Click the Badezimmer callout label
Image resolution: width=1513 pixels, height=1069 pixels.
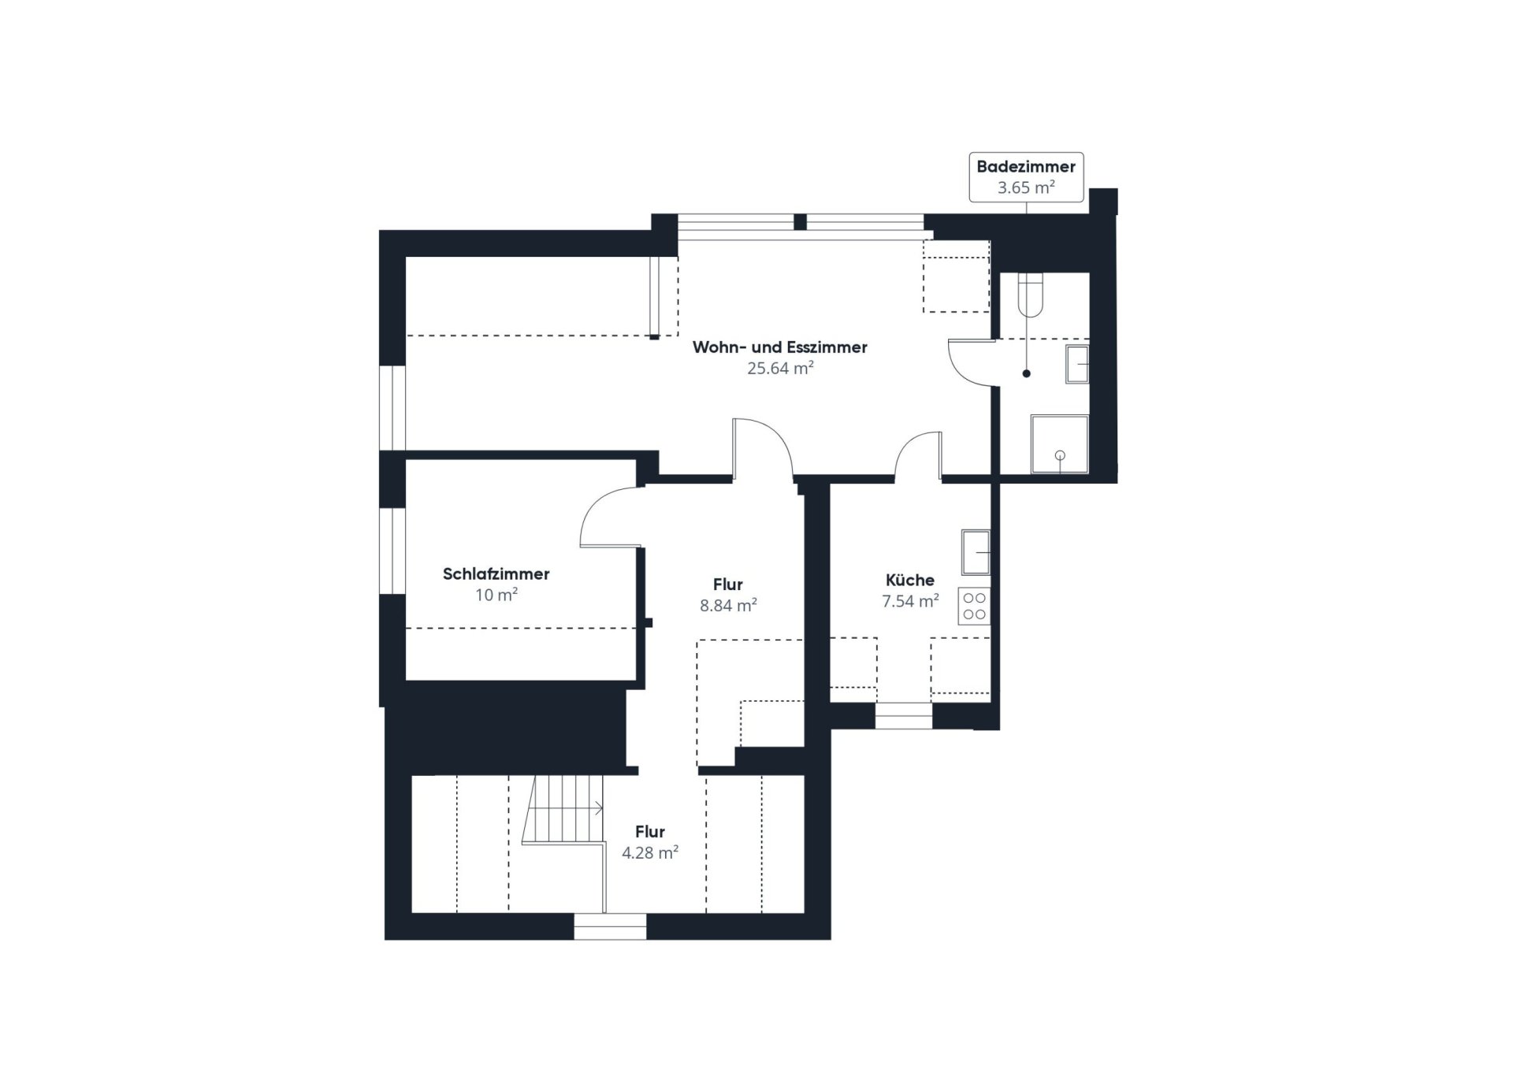coord(1026,177)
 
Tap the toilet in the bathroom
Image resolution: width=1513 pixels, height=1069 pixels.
coord(1031,294)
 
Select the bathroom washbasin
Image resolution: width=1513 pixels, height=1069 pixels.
coord(1077,364)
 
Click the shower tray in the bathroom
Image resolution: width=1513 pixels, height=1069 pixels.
coord(1060,444)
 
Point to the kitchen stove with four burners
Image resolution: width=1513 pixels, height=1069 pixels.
coord(975,607)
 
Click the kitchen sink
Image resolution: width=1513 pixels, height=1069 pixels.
coord(976,552)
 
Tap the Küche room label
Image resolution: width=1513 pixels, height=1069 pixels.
coord(910,581)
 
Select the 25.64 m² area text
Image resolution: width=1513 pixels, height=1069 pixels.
coord(780,368)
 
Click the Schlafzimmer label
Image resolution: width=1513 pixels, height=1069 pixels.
coord(496,574)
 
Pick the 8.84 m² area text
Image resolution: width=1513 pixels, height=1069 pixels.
coord(728,606)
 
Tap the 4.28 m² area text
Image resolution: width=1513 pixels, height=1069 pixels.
coord(650,852)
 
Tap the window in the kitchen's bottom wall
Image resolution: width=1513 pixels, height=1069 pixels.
coord(904,716)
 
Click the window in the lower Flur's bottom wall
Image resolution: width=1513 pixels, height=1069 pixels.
coord(610,927)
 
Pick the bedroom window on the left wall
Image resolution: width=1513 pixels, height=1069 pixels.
coord(392,550)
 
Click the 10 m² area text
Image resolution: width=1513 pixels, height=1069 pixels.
coord(496,596)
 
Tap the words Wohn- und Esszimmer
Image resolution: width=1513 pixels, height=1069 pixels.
coord(780,347)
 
